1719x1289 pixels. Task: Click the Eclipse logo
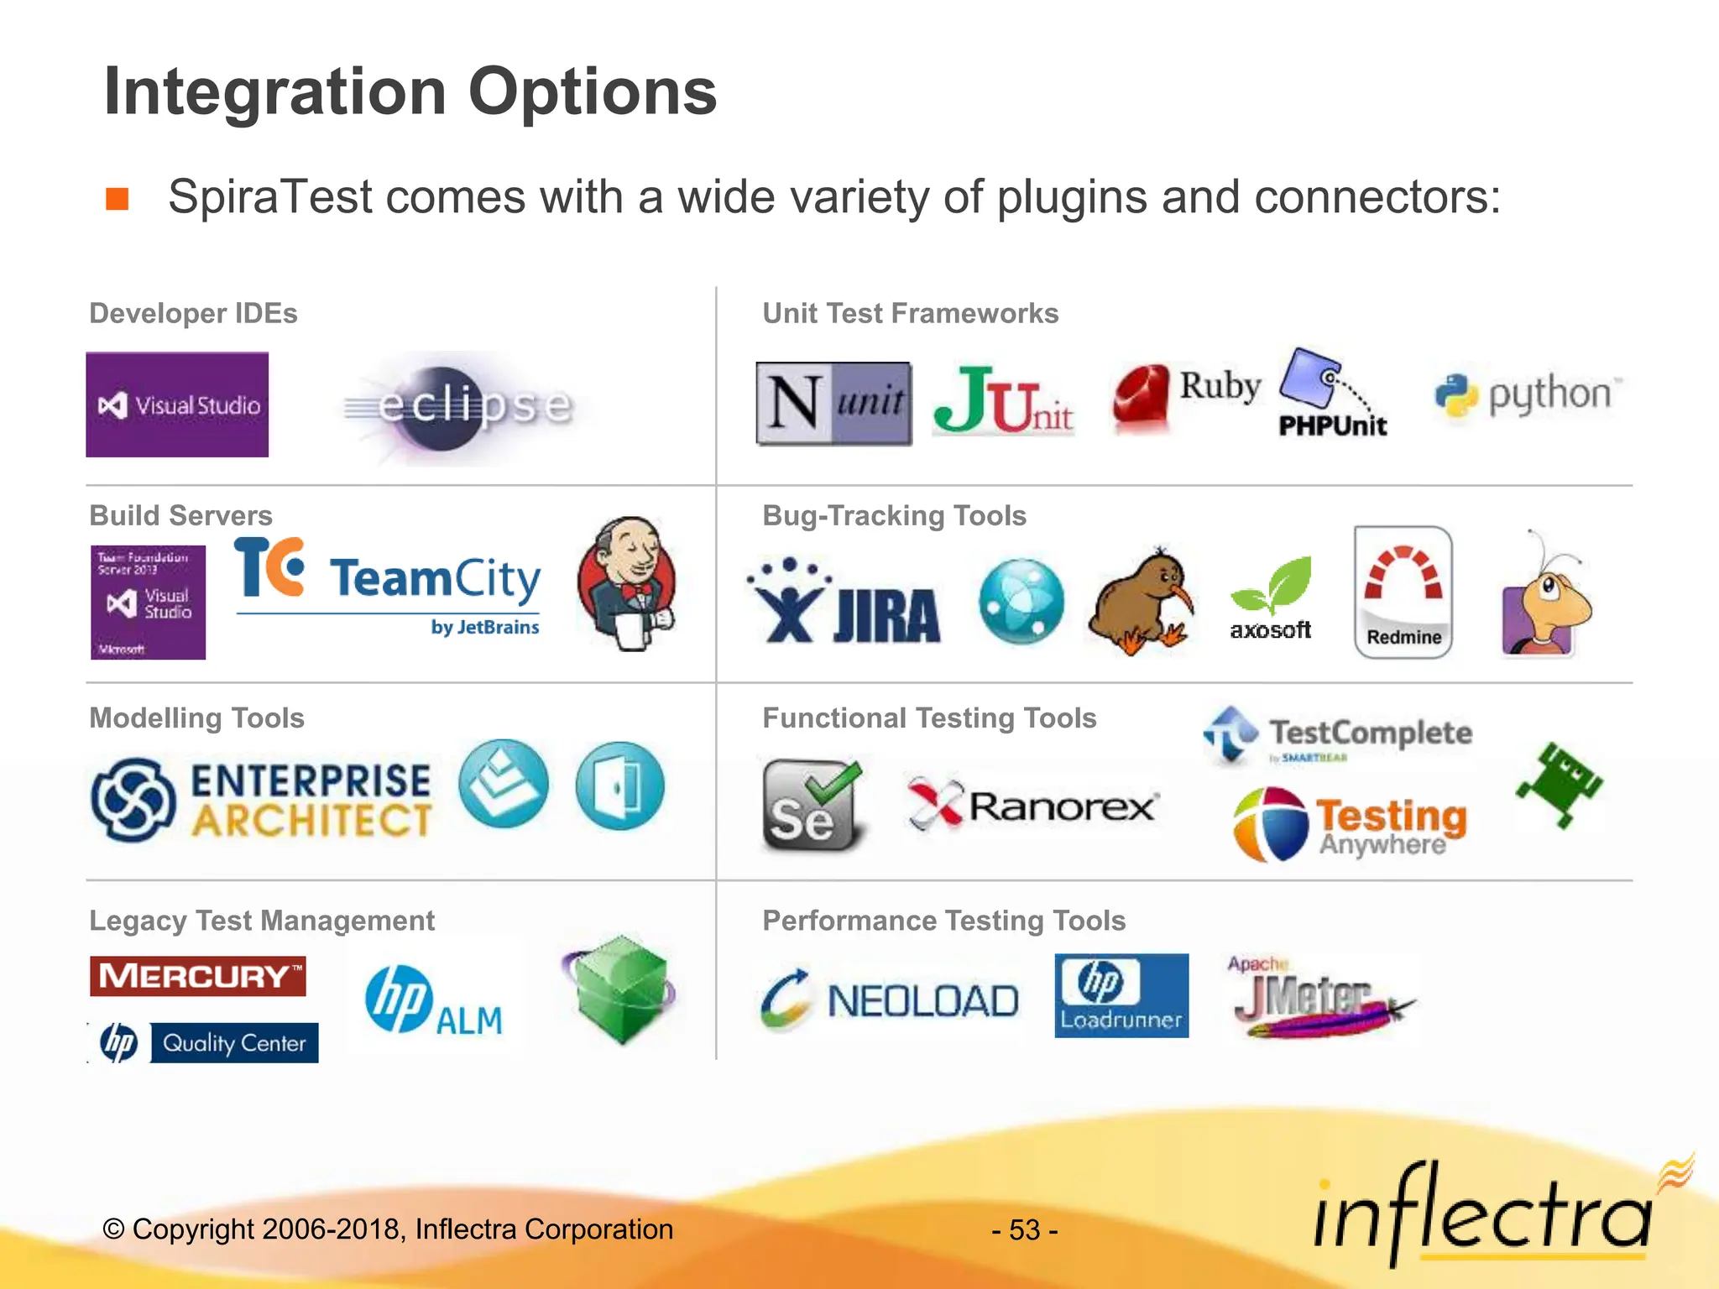[x=460, y=407]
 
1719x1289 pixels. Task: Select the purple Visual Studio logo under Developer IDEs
[x=177, y=404]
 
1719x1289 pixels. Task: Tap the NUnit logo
[x=833, y=403]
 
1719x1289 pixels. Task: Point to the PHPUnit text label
[x=1332, y=426]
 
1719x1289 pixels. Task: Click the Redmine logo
[x=1403, y=592]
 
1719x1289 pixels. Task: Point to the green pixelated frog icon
[x=1559, y=785]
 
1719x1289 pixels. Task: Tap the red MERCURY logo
[x=197, y=976]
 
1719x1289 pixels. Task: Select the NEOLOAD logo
[x=890, y=999]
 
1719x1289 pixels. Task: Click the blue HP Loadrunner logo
[x=1121, y=995]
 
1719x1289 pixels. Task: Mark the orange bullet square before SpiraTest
[x=117, y=199]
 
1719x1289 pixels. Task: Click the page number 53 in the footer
[x=1024, y=1230]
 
